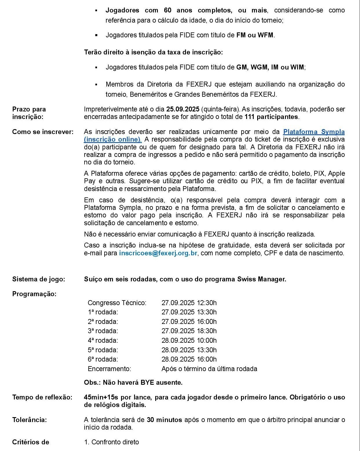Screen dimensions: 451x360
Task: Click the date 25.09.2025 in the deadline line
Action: (x=182, y=109)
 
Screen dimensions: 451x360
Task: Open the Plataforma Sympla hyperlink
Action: (x=314, y=132)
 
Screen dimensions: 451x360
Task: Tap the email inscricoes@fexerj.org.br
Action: (x=158, y=253)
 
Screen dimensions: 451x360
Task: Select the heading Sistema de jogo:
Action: (x=39, y=279)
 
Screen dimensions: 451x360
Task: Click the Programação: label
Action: (x=34, y=294)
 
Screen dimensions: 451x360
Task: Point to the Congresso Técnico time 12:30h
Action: (x=207, y=303)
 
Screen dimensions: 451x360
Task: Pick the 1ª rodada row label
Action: (x=103, y=312)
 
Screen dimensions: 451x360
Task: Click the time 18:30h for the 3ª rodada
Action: (x=207, y=331)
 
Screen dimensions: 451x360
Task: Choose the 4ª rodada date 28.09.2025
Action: (x=178, y=340)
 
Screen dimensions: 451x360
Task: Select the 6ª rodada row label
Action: (x=103, y=359)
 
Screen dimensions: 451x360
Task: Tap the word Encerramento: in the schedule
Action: (x=109, y=369)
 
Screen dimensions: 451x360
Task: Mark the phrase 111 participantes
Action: (x=271, y=117)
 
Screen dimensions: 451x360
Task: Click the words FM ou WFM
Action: (x=255, y=35)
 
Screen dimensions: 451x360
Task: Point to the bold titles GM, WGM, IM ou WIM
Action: (x=270, y=67)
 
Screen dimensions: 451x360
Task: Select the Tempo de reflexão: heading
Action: (x=42, y=397)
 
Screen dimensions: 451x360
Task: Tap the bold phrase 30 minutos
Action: (x=164, y=420)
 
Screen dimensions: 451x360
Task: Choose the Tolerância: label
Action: (x=29, y=420)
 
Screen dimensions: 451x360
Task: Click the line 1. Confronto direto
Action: (x=112, y=442)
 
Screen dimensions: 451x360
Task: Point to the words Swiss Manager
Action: (x=262, y=279)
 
